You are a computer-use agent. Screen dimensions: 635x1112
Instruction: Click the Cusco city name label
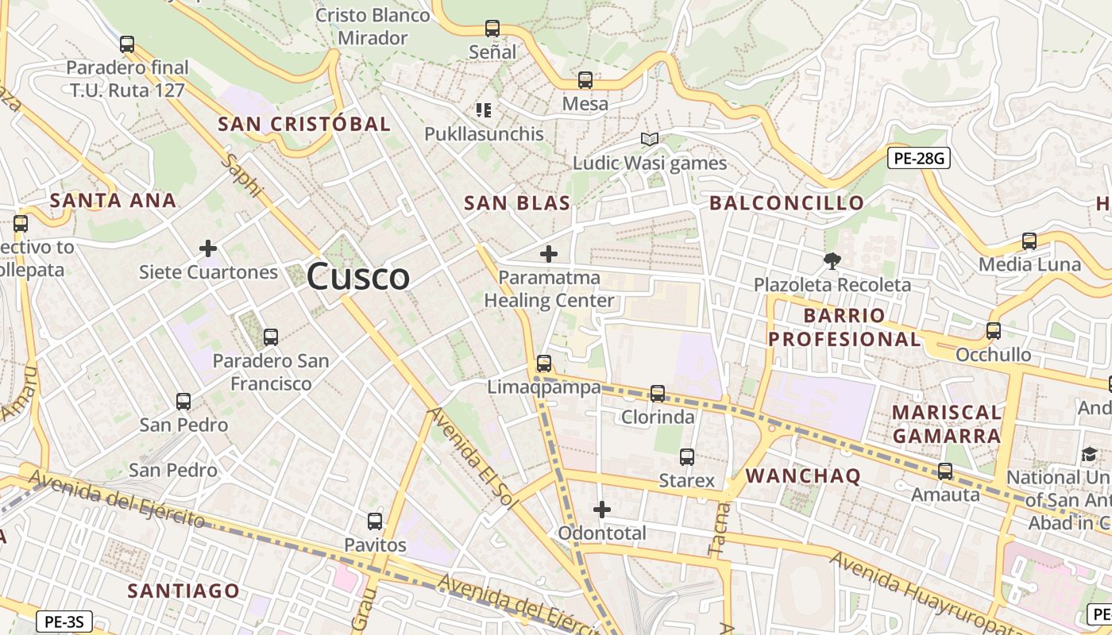(x=358, y=277)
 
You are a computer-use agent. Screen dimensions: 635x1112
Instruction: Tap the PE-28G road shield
(x=919, y=158)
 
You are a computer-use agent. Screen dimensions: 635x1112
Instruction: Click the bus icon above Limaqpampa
(x=544, y=364)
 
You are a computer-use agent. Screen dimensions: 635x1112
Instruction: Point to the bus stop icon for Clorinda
(x=658, y=393)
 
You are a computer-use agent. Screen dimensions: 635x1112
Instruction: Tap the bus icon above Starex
(x=687, y=457)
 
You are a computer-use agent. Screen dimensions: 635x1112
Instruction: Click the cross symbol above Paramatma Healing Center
(x=548, y=254)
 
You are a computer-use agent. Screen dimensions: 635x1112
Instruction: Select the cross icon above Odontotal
(x=602, y=510)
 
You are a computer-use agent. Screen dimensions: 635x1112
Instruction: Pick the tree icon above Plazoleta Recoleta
(x=832, y=260)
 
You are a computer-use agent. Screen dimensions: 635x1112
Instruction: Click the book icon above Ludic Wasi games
(x=650, y=140)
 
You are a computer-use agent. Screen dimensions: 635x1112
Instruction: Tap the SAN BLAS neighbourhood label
(x=517, y=203)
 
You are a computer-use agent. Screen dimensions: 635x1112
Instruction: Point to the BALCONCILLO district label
(x=786, y=203)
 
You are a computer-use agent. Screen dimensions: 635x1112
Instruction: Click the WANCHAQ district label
(x=804, y=475)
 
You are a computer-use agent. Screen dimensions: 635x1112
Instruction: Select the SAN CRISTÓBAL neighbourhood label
(x=304, y=124)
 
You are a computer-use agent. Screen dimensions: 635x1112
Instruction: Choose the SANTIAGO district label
(x=183, y=591)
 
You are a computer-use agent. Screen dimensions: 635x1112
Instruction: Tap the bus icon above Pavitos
(x=375, y=521)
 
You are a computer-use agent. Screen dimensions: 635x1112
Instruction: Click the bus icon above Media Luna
(x=1029, y=241)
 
